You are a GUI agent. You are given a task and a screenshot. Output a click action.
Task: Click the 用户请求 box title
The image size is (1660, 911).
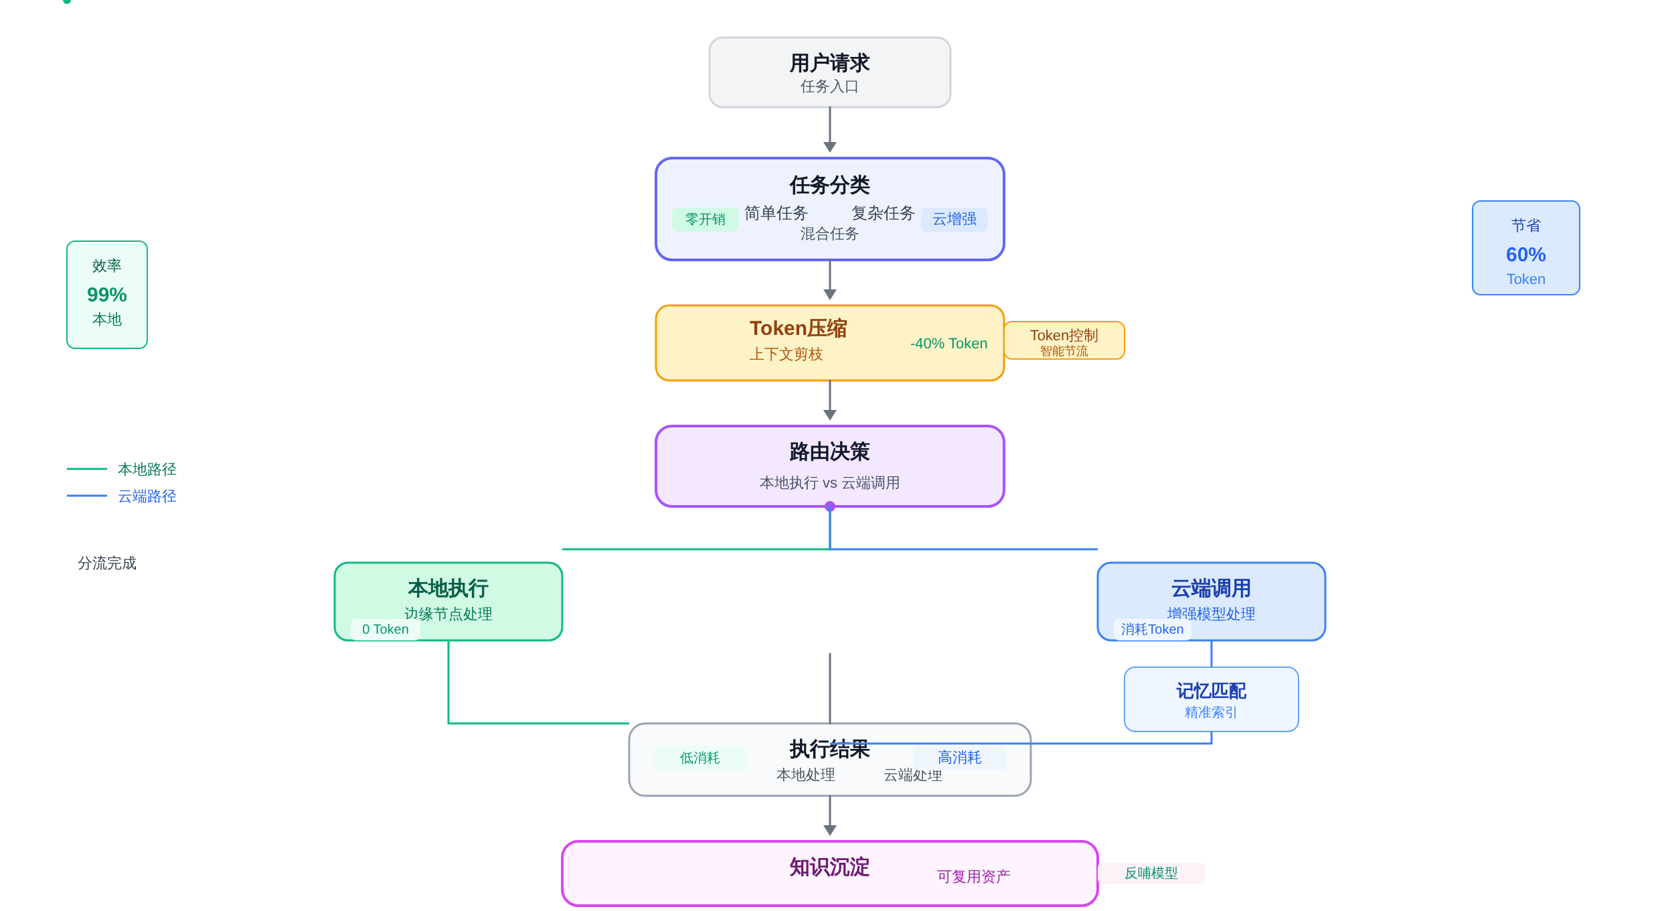click(829, 63)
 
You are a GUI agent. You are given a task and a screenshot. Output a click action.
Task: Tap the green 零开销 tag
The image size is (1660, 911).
click(705, 219)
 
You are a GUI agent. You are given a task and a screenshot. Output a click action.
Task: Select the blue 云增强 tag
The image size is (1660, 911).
click(954, 219)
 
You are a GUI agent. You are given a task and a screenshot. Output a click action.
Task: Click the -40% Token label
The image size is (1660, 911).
click(948, 344)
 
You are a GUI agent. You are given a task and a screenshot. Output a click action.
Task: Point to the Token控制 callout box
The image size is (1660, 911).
click(1064, 341)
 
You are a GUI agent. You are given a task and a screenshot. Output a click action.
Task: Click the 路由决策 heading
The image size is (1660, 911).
click(829, 452)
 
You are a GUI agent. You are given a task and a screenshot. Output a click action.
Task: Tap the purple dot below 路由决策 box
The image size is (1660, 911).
click(830, 507)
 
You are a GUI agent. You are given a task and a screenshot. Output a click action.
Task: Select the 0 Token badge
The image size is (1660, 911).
click(385, 630)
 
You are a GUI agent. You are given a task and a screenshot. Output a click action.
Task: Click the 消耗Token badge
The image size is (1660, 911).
click(1152, 630)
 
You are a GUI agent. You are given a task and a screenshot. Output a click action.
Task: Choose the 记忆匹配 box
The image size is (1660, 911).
click(1211, 699)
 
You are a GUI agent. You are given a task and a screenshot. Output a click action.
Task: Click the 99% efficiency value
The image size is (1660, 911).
click(107, 295)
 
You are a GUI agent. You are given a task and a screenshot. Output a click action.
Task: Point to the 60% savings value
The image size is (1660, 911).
click(1525, 255)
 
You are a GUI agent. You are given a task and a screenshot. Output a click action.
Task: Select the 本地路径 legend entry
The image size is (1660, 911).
click(147, 470)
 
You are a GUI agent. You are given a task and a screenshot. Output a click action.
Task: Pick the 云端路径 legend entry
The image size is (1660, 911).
click(147, 496)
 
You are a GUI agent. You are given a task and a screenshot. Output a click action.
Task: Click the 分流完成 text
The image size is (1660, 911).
click(107, 563)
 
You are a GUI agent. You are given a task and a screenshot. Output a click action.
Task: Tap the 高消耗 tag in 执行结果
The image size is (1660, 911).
click(959, 758)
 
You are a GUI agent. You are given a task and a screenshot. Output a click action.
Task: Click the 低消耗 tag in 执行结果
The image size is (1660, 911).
click(699, 758)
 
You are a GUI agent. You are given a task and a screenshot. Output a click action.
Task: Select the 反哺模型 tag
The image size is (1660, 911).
click(1151, 873)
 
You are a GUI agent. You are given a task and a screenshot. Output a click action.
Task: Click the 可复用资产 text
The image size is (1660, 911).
click(973, 877)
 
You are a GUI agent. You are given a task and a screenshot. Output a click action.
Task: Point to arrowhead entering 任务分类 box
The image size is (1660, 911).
click(830, 147)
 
